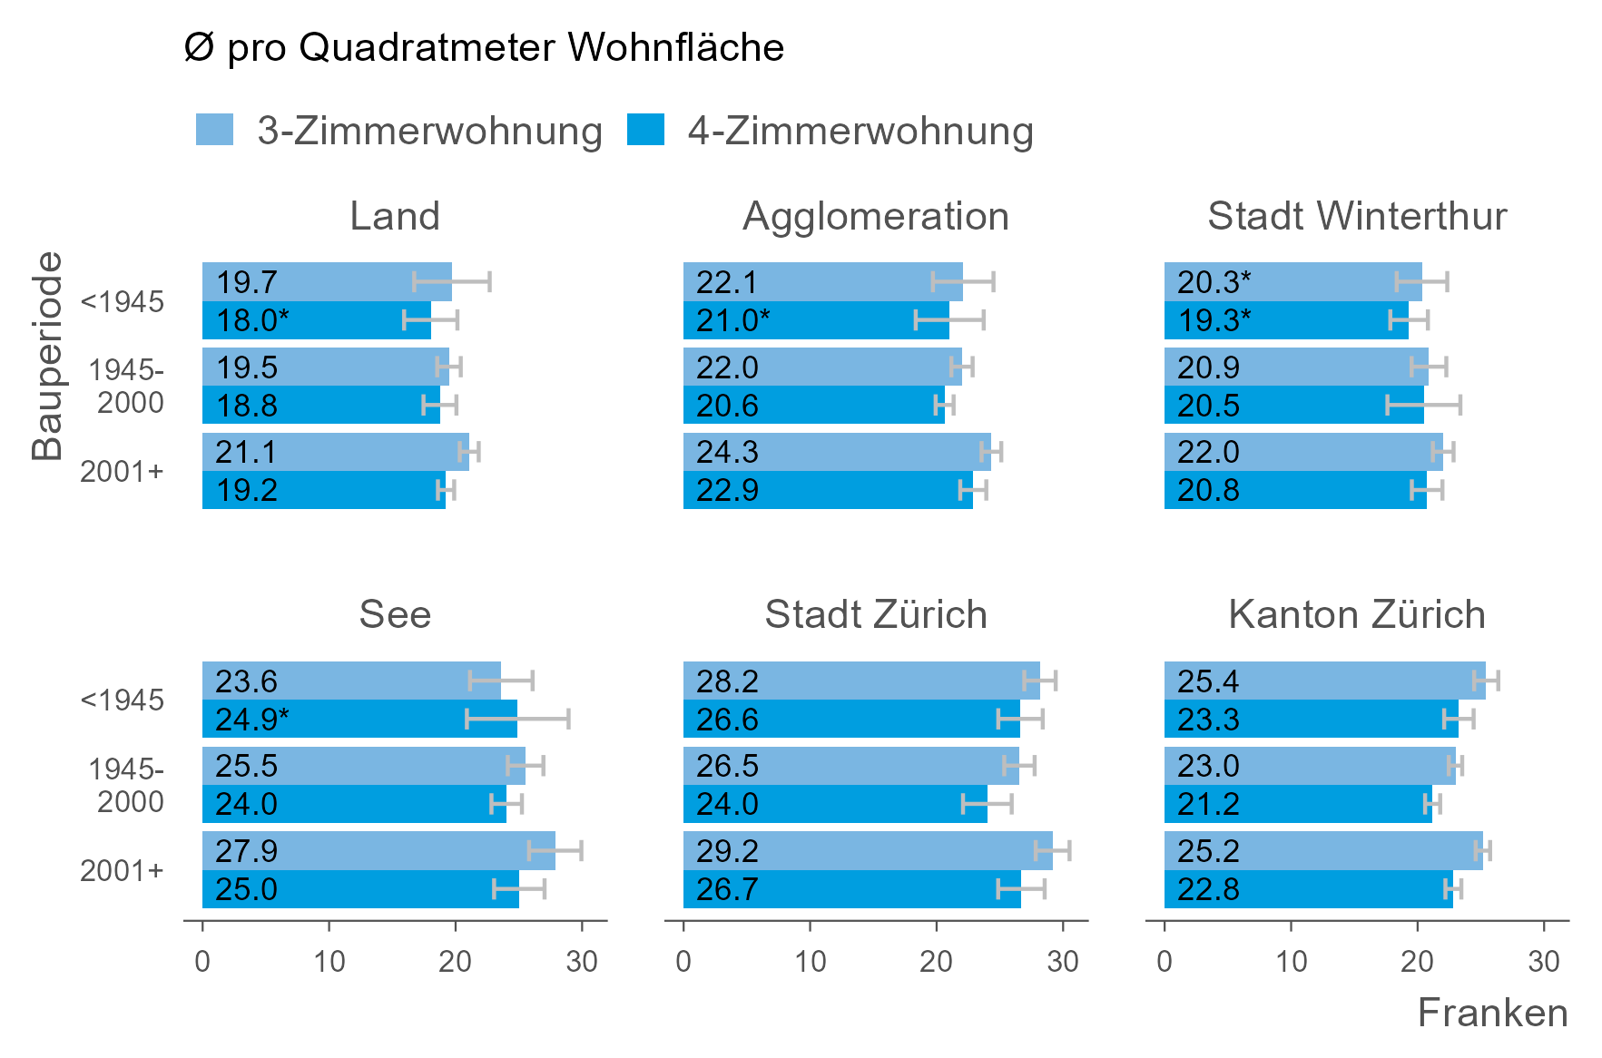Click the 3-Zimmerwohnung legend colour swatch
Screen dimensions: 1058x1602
tap(214, 130)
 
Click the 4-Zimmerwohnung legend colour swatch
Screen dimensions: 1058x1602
tap(645, 130)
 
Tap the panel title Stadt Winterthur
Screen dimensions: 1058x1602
tap(1357, 217)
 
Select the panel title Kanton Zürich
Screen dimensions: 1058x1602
tap(1357, 615)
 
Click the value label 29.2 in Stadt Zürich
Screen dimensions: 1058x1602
tap(727, 851)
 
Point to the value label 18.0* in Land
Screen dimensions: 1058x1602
tap(252, 320)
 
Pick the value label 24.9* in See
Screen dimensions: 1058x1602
tap(252, 720)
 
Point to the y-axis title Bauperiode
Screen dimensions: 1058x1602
tap(47, 356)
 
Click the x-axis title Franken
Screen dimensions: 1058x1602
tap(1492, 1014)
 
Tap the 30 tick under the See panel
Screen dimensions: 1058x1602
tap(582, 961)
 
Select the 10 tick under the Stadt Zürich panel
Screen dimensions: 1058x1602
tap(810, 961)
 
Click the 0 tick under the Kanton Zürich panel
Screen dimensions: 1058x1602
tap(1165, 961)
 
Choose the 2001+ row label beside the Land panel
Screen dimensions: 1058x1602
tap(122, 472)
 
